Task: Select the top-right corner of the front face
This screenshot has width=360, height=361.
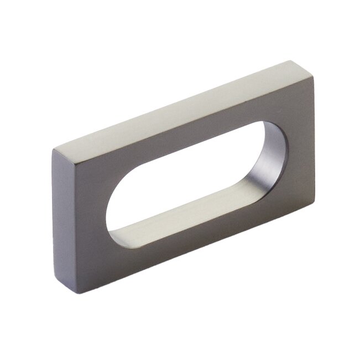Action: click(x=314, y=78)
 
